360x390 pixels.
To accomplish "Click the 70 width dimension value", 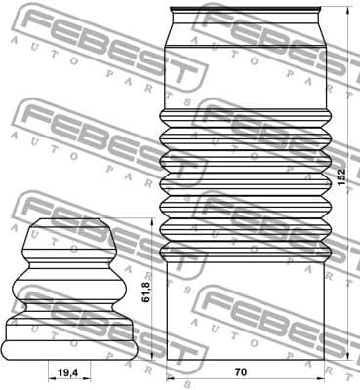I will pyautogui.click(x=240, y=371).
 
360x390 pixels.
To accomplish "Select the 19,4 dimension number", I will pyautogui.click(x=68, y=372).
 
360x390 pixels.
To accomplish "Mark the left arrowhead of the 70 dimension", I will pyautogui.click(x=169, y=378).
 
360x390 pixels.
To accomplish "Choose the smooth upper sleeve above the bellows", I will pyautogui.click(x=246, y=73).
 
